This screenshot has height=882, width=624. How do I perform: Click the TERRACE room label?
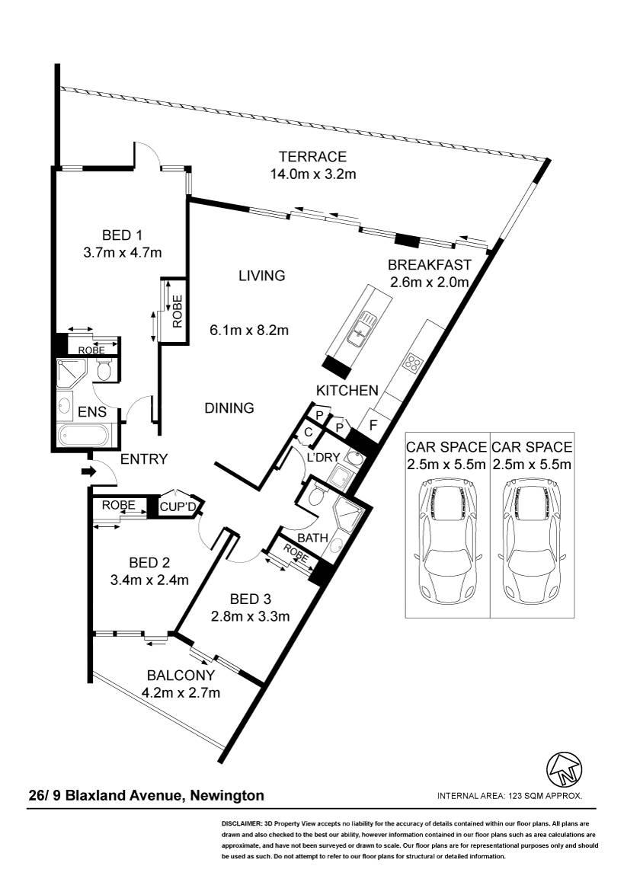click(x=313, y=156)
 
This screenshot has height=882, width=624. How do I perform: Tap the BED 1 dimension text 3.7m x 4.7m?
click(x=123, y=253)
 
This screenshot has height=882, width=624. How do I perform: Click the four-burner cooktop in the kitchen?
click(x=413, y=363)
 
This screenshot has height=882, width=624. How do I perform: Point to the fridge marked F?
click(x=373, y=426)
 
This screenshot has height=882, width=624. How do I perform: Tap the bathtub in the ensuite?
click(x=86, y=436)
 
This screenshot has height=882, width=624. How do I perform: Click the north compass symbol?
click(x=565, y=769)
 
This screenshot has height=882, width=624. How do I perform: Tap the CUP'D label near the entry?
click(x=178, y=507)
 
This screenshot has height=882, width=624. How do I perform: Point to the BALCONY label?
click(x=181, y=675)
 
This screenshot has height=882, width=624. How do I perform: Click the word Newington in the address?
click(x=227, y=796)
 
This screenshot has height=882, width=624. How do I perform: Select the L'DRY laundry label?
click(x=324, y=457)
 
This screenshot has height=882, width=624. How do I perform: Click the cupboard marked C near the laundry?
click(x=309, y=432)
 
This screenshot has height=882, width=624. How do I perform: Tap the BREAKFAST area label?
click(x=429, y=264)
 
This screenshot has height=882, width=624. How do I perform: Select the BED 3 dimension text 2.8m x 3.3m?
click(x=251, y=616)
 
